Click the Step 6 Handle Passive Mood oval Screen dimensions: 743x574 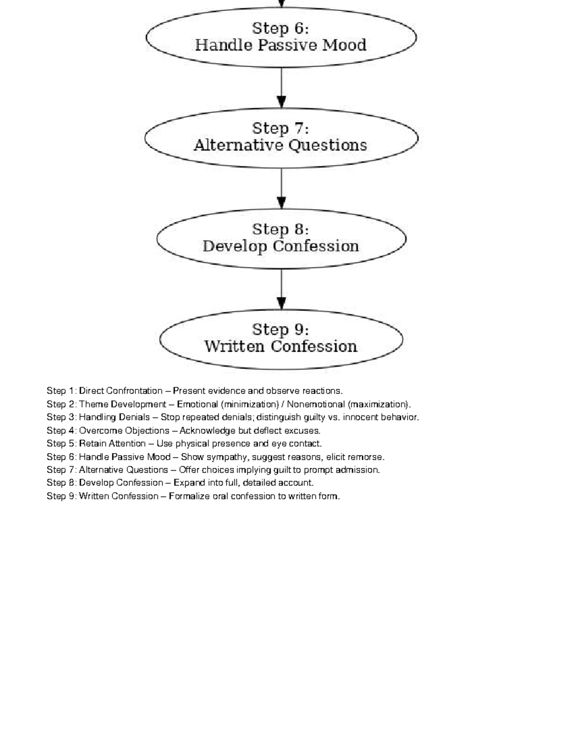pos(281,37)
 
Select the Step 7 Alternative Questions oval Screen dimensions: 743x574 pos(281,138)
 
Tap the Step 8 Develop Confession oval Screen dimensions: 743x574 pos(281,238)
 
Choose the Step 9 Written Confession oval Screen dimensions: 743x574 pos(281,339)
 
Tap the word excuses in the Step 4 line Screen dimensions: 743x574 pos(304,431)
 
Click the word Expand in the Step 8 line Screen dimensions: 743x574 pos(188,483)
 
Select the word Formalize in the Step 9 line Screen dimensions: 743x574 pos(189,496)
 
